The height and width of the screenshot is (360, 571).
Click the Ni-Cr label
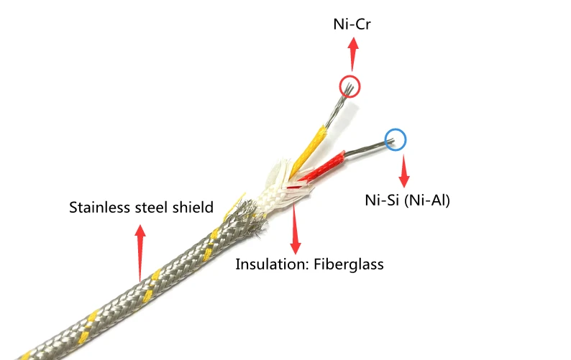[352, 25]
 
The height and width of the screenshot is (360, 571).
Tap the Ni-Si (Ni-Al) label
[407, 200]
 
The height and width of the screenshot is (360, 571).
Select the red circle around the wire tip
[350, 87]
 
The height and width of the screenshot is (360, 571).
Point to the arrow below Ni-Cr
[352, 53]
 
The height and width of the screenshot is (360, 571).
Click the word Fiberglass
[348, 264]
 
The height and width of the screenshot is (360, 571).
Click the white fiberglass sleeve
[274, 189]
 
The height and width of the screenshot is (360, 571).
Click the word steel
[152, 208]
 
